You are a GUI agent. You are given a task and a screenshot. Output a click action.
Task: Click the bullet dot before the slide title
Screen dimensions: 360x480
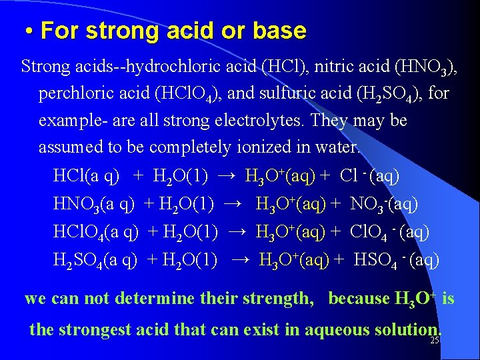30,31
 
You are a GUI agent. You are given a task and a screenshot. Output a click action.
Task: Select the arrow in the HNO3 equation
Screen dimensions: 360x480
233,204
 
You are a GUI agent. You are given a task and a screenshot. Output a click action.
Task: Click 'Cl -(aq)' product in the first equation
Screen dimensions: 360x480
369,176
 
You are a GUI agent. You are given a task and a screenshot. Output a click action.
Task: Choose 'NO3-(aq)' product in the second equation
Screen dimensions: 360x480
383,204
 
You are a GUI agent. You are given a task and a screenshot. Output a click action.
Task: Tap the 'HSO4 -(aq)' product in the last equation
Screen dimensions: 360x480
396,259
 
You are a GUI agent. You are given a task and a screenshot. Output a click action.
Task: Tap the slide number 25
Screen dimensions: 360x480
435,340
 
